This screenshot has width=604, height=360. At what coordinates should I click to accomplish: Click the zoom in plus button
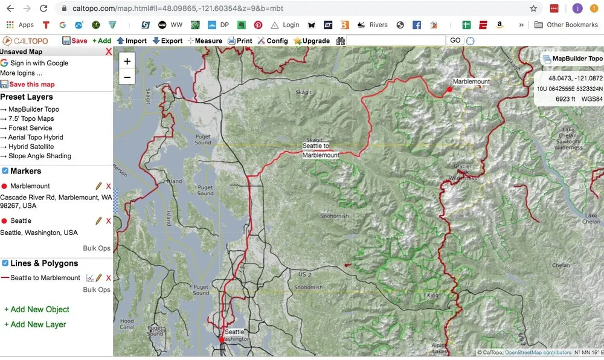[x=127, y=62]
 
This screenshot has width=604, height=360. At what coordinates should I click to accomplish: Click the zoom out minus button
[x=127, y=77]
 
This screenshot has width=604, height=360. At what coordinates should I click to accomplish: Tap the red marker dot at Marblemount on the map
[x=449, y=89]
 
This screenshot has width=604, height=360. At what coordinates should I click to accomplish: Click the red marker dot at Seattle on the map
[x=222, y=339]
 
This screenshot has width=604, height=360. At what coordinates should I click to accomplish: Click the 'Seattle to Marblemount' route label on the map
[x=321, y=150]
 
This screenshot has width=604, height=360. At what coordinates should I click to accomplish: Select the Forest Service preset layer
[x=30, y=128]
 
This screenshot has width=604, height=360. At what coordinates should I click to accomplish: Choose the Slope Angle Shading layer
[x=40, y=156]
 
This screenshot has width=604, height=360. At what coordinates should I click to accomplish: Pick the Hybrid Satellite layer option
[x=31, y=147]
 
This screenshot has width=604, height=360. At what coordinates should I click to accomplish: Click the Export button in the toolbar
[x=167, y=41]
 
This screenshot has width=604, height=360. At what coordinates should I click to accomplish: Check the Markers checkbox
[x=5, y=171]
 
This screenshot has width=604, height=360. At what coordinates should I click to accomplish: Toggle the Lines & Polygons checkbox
[x=5, y=263]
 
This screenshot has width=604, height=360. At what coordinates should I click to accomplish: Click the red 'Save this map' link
[x=31, y=85]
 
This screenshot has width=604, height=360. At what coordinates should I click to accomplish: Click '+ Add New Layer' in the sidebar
[x=35, y=324]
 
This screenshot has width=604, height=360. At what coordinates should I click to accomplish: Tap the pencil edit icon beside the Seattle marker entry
[x=98, y=221]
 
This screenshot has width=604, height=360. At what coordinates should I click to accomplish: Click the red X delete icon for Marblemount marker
[x=109, y=186]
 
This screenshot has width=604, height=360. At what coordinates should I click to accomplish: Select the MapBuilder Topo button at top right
[x=573, y=59]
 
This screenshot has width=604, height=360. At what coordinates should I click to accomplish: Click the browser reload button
[x=43, y=8]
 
